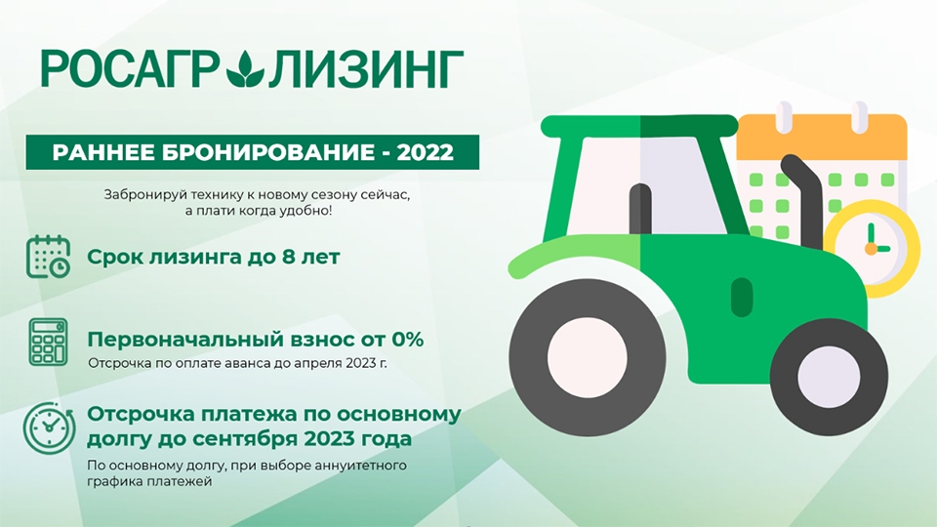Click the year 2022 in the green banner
click(425, 152)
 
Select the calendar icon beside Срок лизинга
click(49, 257)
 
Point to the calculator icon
click(49, 342)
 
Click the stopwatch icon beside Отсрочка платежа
click(49, 427)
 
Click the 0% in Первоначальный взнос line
click(408, 340)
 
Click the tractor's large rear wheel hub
click(588, 357)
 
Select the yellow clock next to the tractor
click(872, 248)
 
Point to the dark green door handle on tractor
click(742, 297)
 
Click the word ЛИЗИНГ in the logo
click(366, 68)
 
